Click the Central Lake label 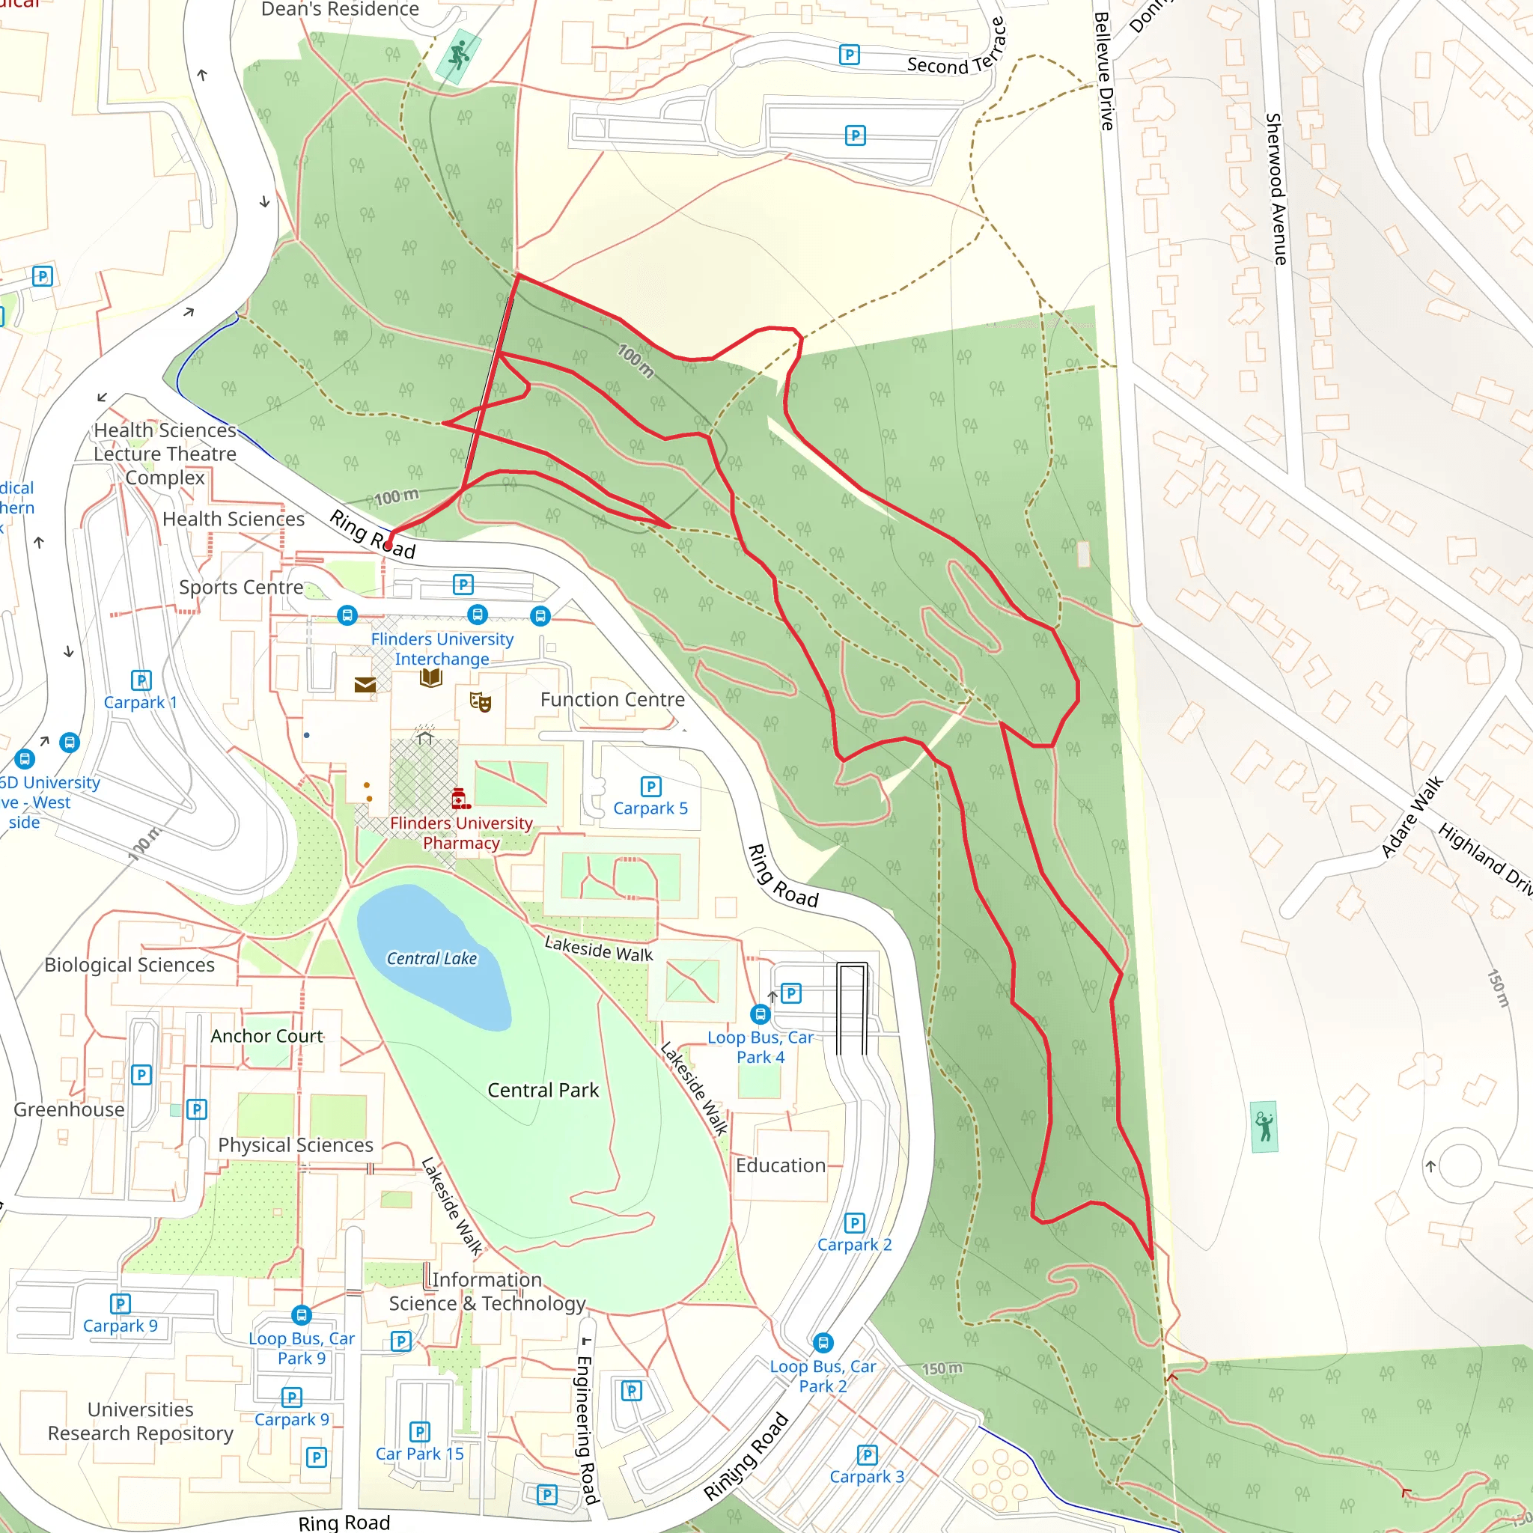click(x=432, y=959)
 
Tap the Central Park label click(x=543, y=1090)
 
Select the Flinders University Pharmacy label click(x=461, y=833)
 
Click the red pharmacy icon click(x=460, y=798)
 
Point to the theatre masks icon click(x=480, y=701)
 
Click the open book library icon click(x=431, y=677)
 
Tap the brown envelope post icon click(x=365, y=684)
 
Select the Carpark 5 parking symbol click(x=650, y=787)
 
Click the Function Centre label click(x=612, y=700)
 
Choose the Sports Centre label click(x=241, y=587)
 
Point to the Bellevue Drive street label click(x=1104, y=71)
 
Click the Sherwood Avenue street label click(x=1275, y=189)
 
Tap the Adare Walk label click(x=1412, y=817)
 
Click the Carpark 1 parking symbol click(x=141, y=680)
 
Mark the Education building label click(x=781, y=1165)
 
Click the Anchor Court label click(x=266, y=1036)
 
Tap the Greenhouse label click(x=69, y=1109)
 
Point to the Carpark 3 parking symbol click(x=868, y=1455)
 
